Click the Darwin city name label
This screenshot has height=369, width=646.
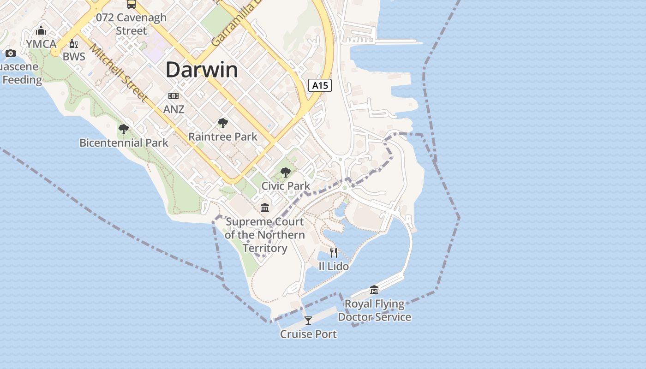click(202, 70)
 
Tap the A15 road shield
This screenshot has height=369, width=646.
click(320, 85)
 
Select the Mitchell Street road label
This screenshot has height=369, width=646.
click(119, 72)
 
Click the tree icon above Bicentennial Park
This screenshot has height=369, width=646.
click(123, 129)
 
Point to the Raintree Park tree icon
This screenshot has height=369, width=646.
click(223, 123)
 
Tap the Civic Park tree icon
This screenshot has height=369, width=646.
click(286, 173)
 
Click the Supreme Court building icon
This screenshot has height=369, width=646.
click(265, 208)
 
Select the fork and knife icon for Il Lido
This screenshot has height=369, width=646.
click(334, 252)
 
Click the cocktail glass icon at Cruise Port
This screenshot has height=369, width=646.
click(308, 320)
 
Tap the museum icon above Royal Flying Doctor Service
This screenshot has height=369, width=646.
click(374, 290)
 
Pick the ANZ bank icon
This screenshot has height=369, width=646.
click(173, 96)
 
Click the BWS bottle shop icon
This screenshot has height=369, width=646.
click(72, 44)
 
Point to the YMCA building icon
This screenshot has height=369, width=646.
click(41, 31)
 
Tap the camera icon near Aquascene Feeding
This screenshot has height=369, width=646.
click(11, 54)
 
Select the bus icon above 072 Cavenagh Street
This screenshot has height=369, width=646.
click(132, 4)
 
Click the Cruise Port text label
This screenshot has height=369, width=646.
click(308, 334)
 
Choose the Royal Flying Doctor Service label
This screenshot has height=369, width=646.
click(374, 310)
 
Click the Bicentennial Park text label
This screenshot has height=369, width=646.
click(124, 143)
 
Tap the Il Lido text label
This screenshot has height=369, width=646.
click(334, 267)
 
